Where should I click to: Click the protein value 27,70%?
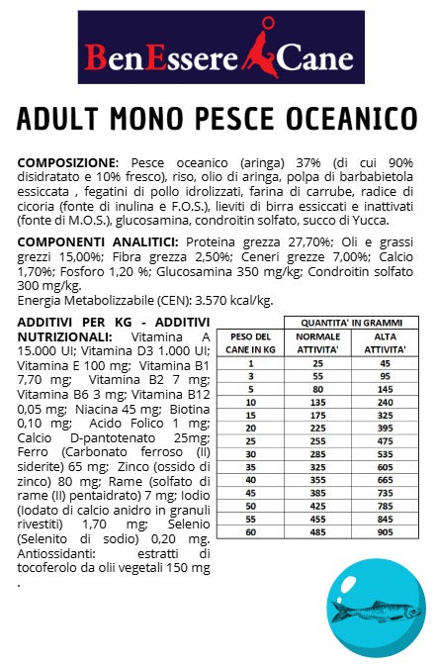[282, 241]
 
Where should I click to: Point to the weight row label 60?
[250, 530]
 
